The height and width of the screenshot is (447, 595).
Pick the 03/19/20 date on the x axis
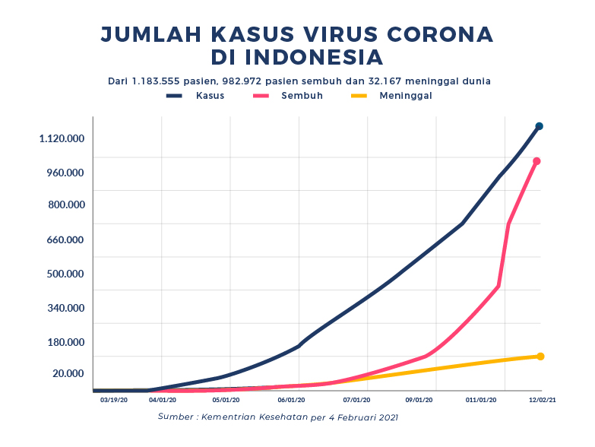(113, 398)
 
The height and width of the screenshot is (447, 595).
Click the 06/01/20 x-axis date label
(291, 398)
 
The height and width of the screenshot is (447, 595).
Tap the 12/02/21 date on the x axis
(542, 398)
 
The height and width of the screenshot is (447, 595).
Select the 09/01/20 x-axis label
(419, 398)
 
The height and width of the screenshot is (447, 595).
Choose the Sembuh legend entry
(302, 96)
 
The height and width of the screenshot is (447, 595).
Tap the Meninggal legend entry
(406, 96)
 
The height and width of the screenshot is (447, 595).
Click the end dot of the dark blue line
(539, 126)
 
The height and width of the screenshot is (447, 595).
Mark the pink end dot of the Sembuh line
(536, 161)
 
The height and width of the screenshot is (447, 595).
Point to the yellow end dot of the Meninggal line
(540, 356)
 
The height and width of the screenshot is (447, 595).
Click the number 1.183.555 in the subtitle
(157, 80)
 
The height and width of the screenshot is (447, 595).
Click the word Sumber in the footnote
(176, 417)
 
